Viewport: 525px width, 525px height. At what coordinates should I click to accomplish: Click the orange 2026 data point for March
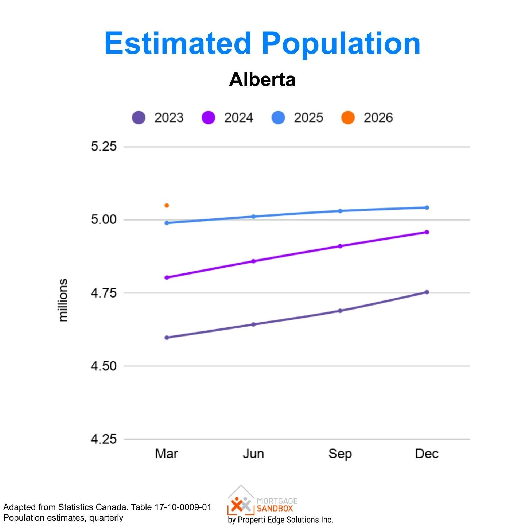pos(167,206)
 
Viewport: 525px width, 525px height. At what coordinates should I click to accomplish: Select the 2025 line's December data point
pos(427,207)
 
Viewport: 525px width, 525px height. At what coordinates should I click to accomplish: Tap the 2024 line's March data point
pos(167,277)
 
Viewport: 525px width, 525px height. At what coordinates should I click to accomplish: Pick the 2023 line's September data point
pos(340,311)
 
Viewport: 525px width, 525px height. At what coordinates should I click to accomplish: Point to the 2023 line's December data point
pos(427,292)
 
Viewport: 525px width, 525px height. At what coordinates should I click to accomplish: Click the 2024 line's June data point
pos(253,261)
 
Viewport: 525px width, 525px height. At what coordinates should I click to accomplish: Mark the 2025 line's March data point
pos(167,223)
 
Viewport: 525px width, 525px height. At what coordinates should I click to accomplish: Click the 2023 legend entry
pos(158,118)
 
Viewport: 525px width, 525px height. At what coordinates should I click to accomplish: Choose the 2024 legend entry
pos(227,118)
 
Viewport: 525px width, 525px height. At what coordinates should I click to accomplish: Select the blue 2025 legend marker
pos(278,118)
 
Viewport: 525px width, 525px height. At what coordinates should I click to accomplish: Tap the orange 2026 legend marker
pos(348,118)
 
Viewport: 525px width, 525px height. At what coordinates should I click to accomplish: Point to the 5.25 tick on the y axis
pos(104,147)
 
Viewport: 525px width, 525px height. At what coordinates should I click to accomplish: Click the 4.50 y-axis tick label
pos(104,366)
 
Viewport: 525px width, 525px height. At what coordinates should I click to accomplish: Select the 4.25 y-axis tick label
pos(104,439)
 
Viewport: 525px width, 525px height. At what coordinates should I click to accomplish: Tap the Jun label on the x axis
pos(253,454)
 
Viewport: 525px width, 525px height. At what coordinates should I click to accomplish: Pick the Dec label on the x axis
pos(427,454)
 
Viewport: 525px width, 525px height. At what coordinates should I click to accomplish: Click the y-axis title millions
pos(63,300)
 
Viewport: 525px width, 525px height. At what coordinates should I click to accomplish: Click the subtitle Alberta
pos(262,79)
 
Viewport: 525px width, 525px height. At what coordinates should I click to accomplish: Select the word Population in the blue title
pos(341,43)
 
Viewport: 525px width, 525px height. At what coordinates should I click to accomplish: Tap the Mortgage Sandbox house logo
pos(241,500)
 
